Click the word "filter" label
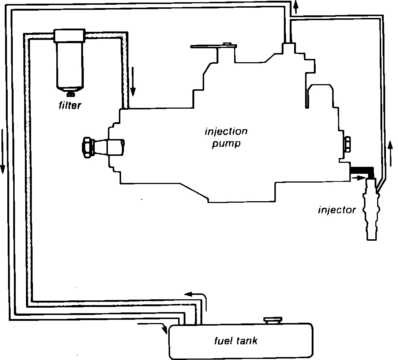tap(70, 106)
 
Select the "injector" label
tap(337, 210)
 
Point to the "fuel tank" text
tap(236, 341)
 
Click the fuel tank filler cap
tap(273, 320)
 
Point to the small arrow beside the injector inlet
tap(359, 178)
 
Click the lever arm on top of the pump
tap(214, 46)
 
